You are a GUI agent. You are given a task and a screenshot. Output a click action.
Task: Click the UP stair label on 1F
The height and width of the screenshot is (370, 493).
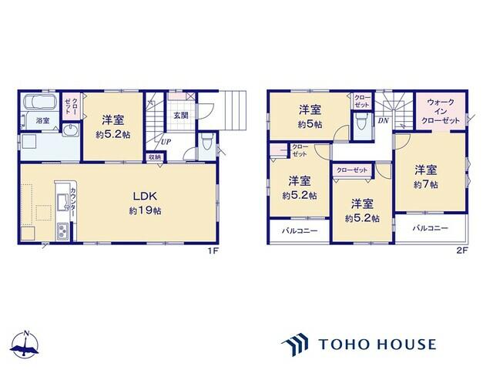point(166,142)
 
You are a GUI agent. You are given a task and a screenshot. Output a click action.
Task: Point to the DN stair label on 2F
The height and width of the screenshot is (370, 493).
point(383,121)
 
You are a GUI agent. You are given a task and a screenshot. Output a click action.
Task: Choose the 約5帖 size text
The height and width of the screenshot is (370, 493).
point(310,124)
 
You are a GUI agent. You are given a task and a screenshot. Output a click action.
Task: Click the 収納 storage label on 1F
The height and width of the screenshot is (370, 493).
point(155,157)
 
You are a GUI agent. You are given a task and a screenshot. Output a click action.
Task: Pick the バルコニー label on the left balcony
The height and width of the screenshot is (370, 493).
point(298,230)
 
